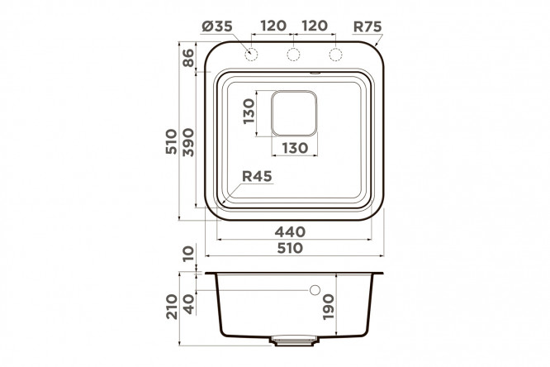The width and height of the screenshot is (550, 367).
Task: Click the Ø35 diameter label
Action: [217, 26]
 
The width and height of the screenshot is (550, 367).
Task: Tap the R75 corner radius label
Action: [367, 26]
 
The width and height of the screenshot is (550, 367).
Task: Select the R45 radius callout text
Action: [257, 176]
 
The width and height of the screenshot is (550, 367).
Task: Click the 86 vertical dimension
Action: [188, 58]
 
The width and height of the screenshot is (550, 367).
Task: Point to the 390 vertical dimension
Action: [188, 142]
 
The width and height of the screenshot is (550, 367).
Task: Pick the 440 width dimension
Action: [290, 231]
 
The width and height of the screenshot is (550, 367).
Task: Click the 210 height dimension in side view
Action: [172, 307]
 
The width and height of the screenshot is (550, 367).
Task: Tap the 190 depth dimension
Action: [329, 307]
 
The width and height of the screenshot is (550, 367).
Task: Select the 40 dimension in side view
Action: [189, 304]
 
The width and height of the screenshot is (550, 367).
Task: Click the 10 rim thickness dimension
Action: [188, 254]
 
